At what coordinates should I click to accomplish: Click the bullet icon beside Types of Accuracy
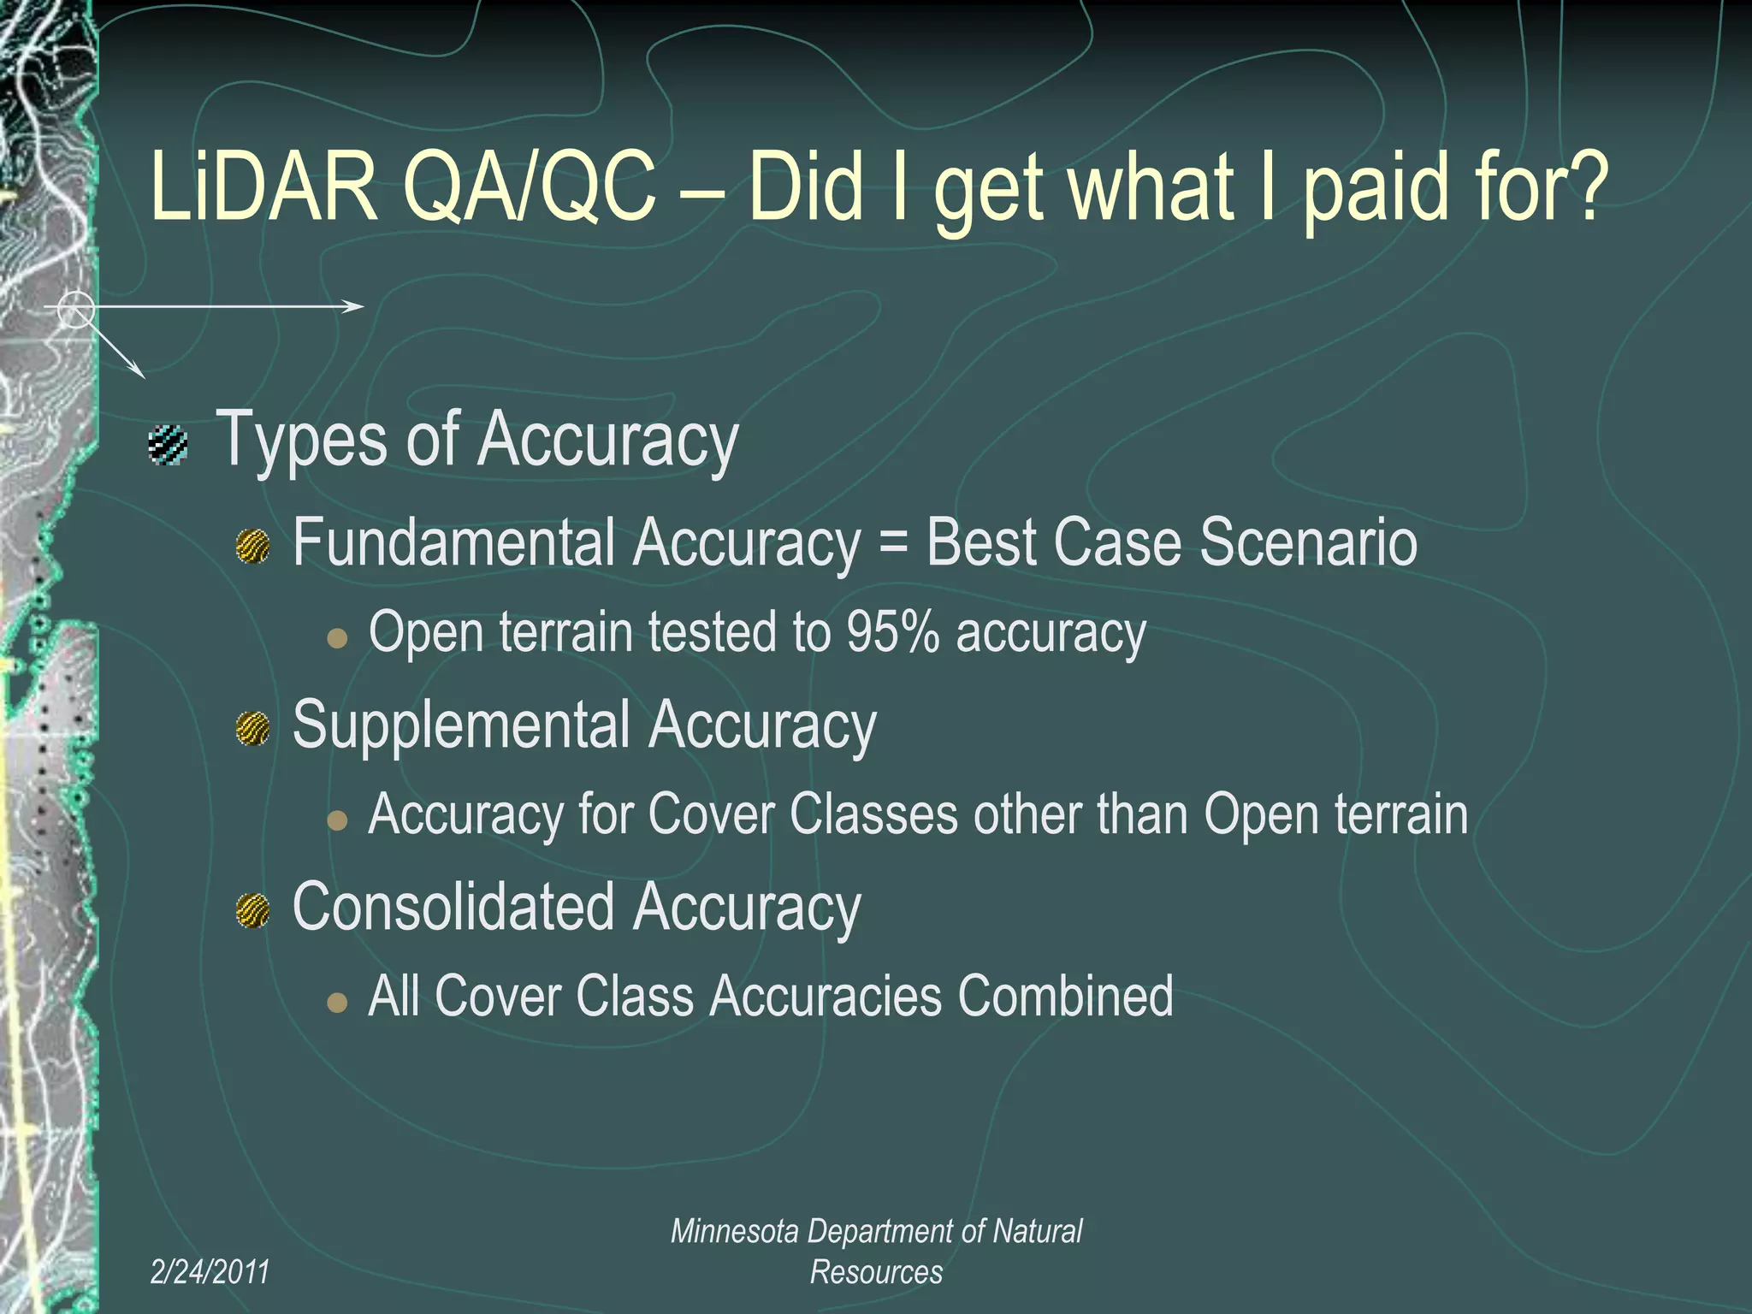pyautogui.click(x=168, y=445)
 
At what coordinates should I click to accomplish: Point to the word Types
pyautogui.click(x=304, y=441)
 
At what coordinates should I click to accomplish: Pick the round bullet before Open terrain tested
pyautogui.click(x=338, y=638)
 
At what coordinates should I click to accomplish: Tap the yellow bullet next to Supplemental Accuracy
pyautogui.click(x=253, y=729)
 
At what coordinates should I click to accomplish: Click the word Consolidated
pyautogui.click(x=453, y=907)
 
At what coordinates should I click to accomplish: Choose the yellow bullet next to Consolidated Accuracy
pyautogui.click(x=253, y=911)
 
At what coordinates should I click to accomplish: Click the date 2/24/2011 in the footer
pyautogui.click(x=210, y=1272)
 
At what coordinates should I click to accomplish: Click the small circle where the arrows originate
pyautogui.click(x=76, y=309)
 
